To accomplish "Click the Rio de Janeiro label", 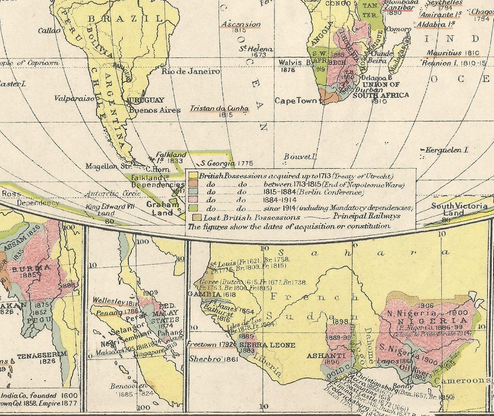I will coord(190,72).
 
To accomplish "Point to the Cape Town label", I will coord(297,100).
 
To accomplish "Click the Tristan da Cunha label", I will coord(218,108).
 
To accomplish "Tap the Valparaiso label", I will coord(73,98).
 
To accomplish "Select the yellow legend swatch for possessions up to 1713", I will coord(193,176).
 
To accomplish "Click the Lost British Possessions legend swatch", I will coord(197,217).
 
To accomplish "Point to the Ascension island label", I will coord(241,24).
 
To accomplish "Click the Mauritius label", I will coord(444,53).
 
